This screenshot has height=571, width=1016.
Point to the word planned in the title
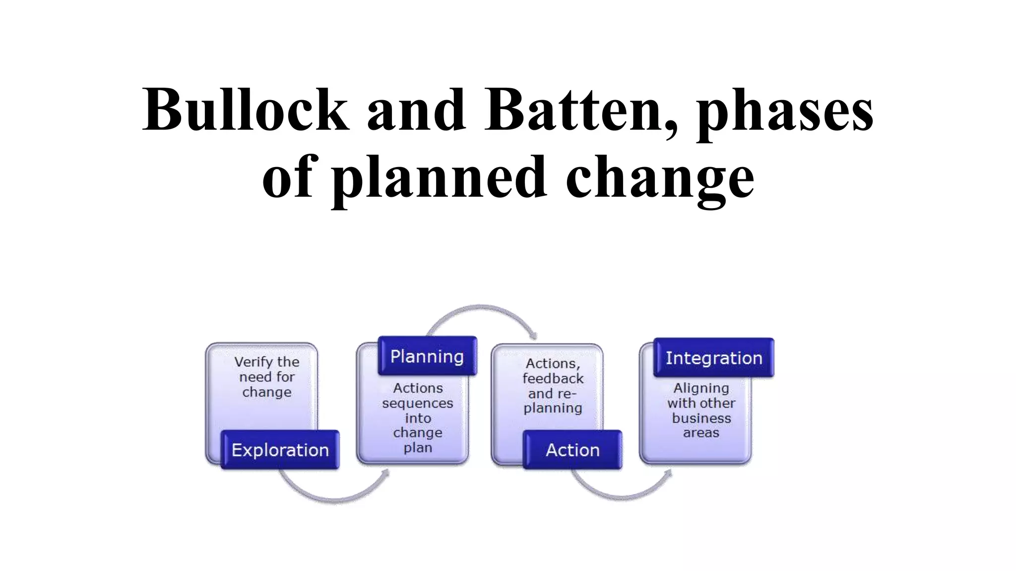point(440,178)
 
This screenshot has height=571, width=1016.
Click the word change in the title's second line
point(660,178)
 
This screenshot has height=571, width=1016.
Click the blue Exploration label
point(280,450)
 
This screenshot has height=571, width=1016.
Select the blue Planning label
point(427,356)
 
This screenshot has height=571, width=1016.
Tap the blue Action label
point(572,450)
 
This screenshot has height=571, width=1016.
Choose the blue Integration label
point(714,357)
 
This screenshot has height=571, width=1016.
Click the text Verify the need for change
point(267,377)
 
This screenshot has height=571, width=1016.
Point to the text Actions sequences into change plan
point(418,417)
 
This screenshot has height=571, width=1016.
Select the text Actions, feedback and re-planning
point(553,386)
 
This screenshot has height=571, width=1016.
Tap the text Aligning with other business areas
point(701,410)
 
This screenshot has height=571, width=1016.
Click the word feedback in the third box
point(553,379)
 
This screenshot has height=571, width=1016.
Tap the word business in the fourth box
point(701,418)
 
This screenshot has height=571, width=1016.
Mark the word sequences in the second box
point(418,403)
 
